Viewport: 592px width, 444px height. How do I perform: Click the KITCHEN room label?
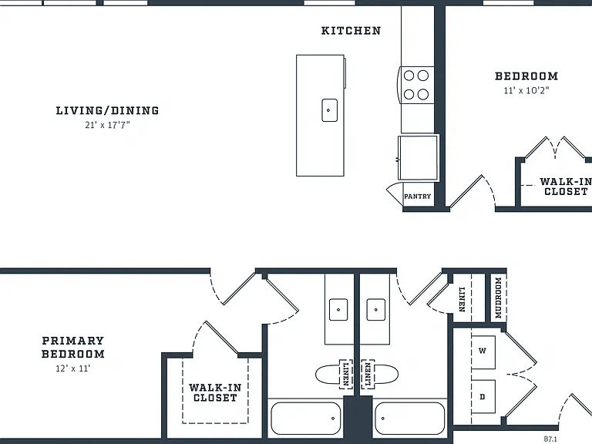[351, 31]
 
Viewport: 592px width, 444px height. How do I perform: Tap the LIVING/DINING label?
[108, 111]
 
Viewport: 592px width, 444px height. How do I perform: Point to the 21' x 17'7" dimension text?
[108, 125]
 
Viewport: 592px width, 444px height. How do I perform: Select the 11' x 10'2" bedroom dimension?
[526, 90]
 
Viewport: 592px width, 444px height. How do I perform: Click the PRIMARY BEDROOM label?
[73, 348]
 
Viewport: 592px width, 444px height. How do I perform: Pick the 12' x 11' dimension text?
[73, 368]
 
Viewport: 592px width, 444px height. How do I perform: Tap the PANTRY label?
[417, 197]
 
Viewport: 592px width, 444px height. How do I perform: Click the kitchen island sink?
[329, 110]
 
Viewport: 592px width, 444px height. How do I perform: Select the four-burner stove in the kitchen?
[416, 85]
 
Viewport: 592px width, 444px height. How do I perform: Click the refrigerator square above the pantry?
[419, 157]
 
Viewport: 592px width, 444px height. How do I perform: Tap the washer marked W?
[483, 351]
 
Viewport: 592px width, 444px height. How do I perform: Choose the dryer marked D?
[483, 396]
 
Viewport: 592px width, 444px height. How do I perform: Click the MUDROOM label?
[499, 298]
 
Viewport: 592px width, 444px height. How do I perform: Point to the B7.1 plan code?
[550, 439]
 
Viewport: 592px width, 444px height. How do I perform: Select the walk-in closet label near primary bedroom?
[215, 392]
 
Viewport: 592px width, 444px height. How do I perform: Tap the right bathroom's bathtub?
[409, 419]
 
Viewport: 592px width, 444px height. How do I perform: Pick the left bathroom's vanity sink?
[338, 310]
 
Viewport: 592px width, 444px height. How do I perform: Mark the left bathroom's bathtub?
[306, 419]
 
